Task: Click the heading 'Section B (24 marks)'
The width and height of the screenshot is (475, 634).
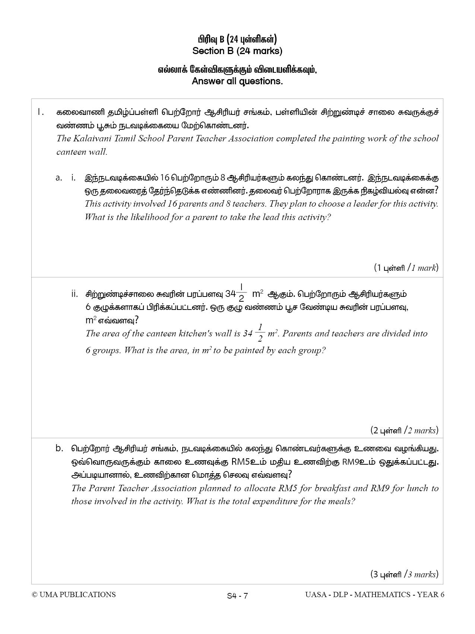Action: coord(237,51)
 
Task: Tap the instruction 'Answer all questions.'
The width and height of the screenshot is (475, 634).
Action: coord(237,81)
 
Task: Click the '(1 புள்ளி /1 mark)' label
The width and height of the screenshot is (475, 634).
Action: coord(406,267)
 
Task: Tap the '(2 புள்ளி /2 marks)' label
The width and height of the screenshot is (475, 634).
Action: coord(404,430)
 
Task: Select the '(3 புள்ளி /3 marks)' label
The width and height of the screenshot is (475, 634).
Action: coord(404,574)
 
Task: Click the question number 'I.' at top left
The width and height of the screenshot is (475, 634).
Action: coord(41,112)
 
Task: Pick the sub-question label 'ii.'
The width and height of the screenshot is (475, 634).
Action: coord(75,294)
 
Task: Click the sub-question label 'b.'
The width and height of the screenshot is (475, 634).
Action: coord(59,448)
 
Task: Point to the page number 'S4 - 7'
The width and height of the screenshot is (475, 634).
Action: coord(237,596)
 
